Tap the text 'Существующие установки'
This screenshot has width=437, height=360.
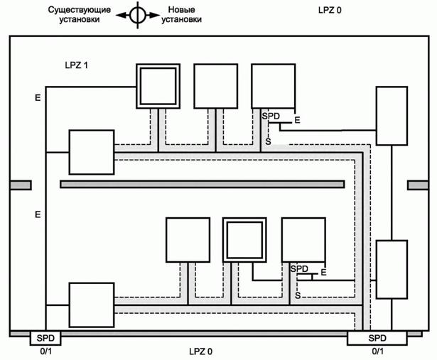[x=80, y=15]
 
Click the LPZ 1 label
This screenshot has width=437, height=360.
[x=76, y=65]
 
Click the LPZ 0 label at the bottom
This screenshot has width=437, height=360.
[x=200, y=351]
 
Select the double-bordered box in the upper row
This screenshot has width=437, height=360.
[x=158, y=87]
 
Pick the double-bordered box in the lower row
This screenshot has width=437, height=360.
[x=245, y=240]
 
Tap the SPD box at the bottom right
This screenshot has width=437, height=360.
[x=378, y=338]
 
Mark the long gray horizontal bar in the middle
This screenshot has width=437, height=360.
[x=202, y=185]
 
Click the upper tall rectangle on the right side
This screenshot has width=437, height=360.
[x=392, y=116]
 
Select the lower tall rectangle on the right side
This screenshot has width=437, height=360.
[x=392, y=269]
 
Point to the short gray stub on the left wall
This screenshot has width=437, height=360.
[x=20, y=185]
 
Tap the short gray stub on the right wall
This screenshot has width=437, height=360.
[x=418, y=185]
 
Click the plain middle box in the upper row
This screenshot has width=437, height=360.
[x=215, y=87]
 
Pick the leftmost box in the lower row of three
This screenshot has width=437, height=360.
[x=188, y=240]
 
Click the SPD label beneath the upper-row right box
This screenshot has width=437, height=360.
[x=271, y=115]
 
